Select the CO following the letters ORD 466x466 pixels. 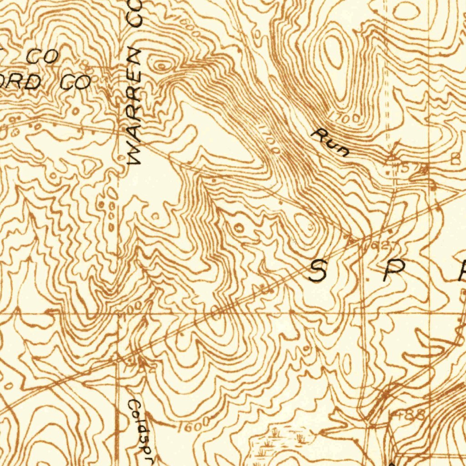76,82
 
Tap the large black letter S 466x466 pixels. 317,272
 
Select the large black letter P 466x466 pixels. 392,272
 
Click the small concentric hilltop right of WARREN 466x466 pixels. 162,65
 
